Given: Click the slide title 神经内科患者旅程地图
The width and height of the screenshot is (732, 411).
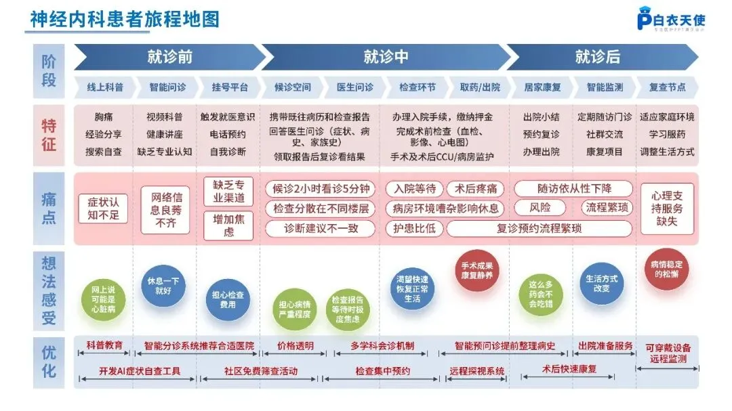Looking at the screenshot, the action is point(125,19).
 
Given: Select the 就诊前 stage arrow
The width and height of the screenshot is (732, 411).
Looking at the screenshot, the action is point(169,57).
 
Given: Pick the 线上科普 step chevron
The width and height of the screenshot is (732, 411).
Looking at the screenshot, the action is point(104,87).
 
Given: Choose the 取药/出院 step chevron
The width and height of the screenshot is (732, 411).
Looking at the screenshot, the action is point(480,87).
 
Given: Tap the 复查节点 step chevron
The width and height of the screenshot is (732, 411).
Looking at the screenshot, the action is point(667,87).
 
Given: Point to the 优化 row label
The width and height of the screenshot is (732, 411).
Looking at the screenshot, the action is point(49,362).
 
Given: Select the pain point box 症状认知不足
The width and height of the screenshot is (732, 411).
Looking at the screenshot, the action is point(103,209).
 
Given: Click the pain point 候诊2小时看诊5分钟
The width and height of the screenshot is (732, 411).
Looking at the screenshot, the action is point(321,188).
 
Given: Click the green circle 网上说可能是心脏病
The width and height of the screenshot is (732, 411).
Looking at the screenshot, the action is point(103,299).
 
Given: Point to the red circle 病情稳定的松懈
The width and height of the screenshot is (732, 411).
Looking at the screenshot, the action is point(667,269).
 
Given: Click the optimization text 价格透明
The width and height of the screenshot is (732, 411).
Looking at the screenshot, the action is point(296,346).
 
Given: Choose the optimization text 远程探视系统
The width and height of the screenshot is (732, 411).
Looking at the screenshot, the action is point(477,371).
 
